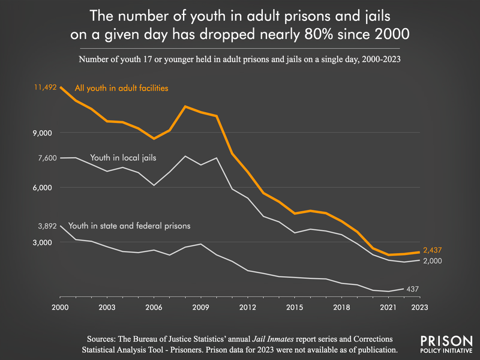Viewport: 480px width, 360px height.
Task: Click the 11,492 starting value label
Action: (x=45, y=88)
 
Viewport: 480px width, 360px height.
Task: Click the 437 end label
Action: (x=412, y=289)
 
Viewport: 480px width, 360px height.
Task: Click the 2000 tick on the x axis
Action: (x=60, y=307)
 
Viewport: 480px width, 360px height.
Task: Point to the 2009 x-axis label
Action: (x=200, y=307)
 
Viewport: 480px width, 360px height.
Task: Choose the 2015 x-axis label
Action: (x=294, y=307)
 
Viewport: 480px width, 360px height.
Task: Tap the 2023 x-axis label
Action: (x=419, y=307)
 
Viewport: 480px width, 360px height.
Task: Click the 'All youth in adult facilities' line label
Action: (x=121, y=89)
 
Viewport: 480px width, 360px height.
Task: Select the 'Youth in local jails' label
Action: (x=123, y=158)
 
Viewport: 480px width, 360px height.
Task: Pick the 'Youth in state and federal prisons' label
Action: (x=130, y=226)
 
